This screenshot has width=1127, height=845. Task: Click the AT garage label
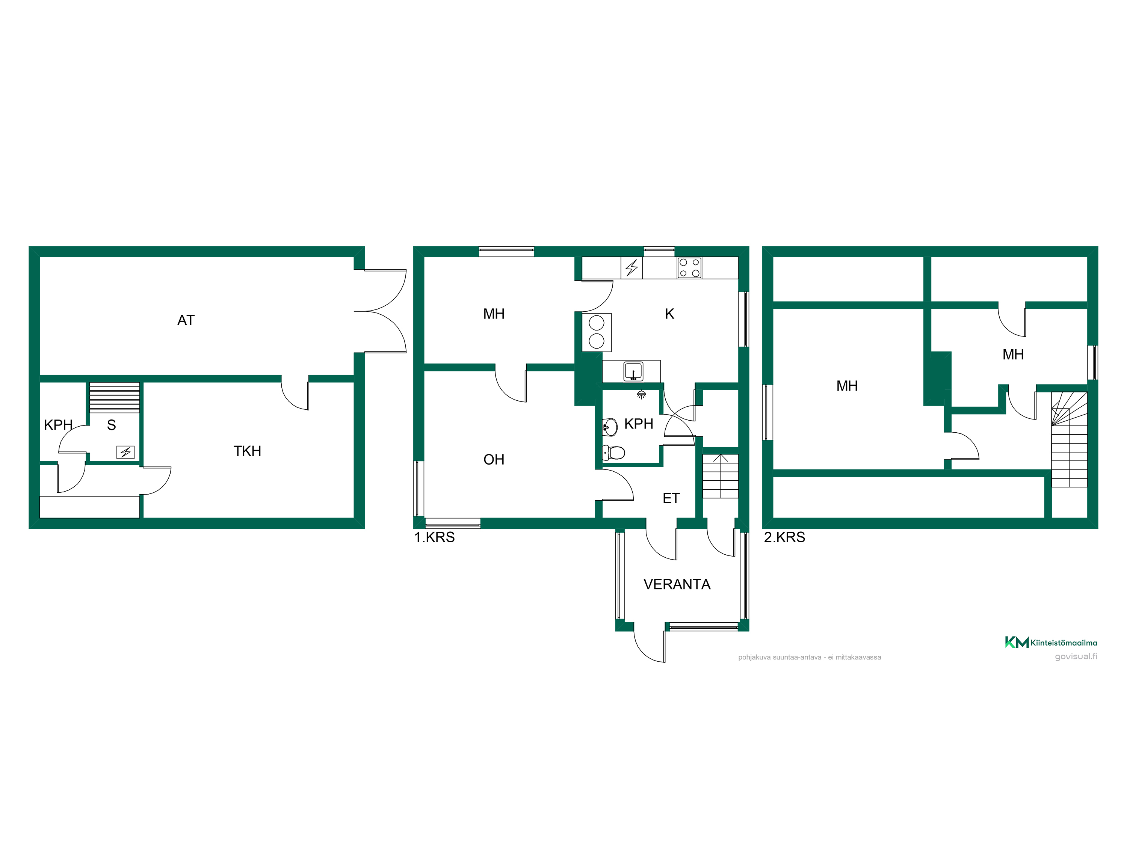186,320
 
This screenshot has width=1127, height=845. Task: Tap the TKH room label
247,451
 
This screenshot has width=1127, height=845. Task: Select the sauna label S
112,425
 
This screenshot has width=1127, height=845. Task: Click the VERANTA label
677,585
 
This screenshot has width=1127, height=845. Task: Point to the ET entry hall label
671,499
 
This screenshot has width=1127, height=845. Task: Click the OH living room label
494,460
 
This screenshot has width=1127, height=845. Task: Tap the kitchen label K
669,314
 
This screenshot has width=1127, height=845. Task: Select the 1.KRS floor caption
434,537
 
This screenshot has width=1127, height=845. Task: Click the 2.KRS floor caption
785,537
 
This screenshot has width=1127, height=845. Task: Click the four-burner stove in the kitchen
689,268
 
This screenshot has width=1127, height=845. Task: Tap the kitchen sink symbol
633,371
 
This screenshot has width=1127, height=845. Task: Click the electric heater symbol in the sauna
125,452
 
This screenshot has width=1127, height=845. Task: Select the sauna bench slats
115,398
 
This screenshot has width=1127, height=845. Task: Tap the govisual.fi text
1076,656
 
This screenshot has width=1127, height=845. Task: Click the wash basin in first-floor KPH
610,427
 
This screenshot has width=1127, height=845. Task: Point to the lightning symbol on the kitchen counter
632,268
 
